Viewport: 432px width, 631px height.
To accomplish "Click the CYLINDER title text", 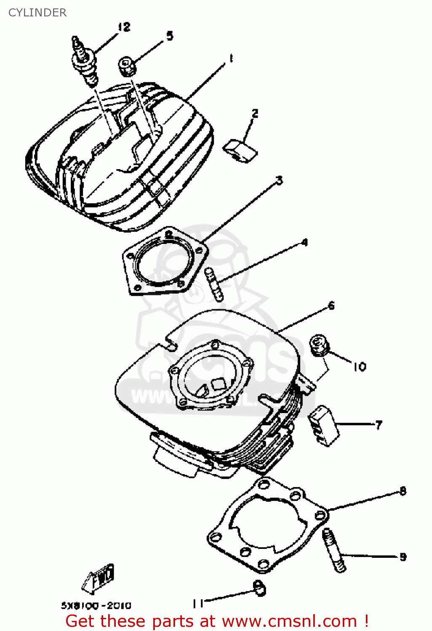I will tap(37, 13).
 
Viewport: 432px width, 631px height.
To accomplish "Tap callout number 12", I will tap(124, 27).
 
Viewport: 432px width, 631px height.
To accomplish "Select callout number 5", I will tap(169, 36).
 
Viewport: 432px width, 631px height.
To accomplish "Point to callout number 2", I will tap(255, 113).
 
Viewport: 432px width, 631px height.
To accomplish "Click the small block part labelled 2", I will tap(240, 151).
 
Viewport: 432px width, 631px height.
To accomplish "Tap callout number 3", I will tap(279, 180).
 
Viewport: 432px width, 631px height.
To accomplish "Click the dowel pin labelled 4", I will tap(214, 284).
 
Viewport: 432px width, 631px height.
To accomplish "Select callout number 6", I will tap(331, 305).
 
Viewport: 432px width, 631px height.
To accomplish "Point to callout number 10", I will tap(359, 367).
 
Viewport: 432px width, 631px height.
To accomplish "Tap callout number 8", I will tap(403, 491).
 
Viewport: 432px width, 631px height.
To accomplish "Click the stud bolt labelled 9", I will tap(334, 550).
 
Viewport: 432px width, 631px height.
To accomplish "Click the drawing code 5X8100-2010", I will tap(96, 606).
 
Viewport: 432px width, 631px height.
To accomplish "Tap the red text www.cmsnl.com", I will tap(289, 621).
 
